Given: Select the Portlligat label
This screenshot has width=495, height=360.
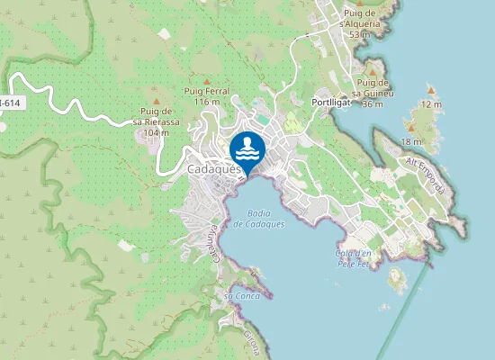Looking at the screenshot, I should point(336,103).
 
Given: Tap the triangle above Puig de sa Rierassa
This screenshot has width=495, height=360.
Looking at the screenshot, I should point(157,101).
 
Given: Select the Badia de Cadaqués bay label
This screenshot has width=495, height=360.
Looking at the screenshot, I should point(258,218).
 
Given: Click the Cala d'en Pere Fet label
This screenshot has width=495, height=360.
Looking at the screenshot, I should point(354,258).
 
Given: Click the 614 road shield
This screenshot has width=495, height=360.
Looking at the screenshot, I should point(10,103).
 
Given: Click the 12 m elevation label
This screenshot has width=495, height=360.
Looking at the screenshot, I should point(432,104).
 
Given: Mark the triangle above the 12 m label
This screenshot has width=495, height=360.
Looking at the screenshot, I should point(432,90).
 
